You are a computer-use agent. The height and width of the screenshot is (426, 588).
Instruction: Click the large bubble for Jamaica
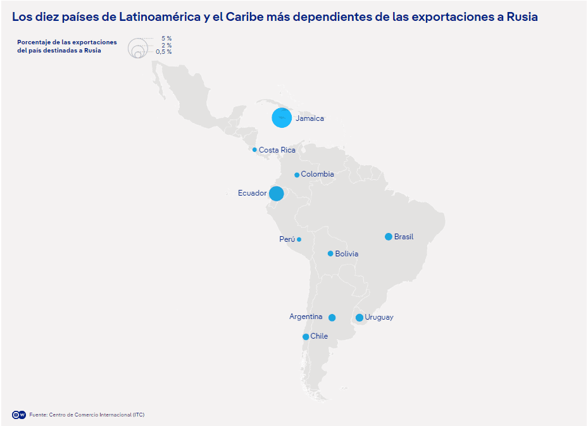click(282, 118)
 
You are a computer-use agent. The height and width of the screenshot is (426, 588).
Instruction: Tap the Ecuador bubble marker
click(276, 194)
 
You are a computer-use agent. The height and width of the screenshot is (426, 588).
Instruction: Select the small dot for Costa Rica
click(254, 150)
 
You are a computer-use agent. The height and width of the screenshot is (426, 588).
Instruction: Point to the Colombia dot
click(297, 175)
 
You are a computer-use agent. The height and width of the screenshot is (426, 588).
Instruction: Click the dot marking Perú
click(299, 239)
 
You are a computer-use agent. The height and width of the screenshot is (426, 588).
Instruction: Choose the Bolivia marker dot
click(330, 254)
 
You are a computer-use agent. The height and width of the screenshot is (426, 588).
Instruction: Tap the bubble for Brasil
click(389, 237)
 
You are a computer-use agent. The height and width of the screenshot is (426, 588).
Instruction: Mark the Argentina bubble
click(332, 318)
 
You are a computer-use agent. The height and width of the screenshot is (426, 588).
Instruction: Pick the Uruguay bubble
click(359, 318)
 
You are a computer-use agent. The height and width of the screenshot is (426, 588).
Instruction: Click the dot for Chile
click(306, 337)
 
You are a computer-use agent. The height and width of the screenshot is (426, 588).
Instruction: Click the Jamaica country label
click(310, 118)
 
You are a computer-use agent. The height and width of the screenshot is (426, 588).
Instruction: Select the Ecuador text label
click(252, 193)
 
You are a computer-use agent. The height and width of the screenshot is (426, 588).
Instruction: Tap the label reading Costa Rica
click(277, 150)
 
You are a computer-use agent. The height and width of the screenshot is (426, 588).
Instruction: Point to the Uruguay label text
click(379, 317)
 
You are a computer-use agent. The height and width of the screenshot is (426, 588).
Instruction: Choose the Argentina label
click(306, 316)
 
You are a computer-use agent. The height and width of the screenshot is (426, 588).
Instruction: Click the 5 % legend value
click(166, 39)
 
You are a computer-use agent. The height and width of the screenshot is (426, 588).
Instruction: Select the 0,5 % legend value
click(164, 52)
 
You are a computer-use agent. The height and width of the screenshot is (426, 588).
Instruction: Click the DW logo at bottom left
click(18, 415)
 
